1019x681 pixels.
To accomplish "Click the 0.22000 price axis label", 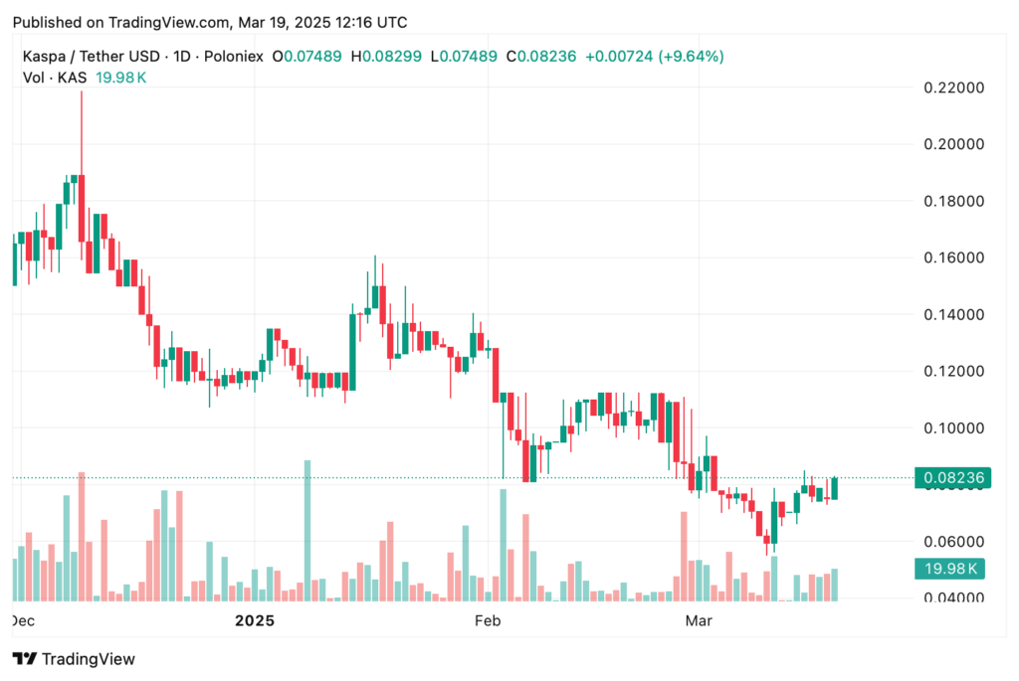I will tap(952, 87).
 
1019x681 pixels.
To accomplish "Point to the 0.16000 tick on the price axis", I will tap(952, 258).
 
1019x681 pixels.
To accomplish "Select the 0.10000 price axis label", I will tap(952, 428).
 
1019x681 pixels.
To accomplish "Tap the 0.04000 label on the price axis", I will tap(952, 598).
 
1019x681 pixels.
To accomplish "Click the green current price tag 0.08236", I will tap(952, 478).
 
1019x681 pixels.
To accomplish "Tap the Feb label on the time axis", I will tap(487, 621).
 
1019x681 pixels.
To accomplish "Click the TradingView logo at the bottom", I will tap(74, 658).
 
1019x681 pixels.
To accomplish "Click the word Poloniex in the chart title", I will tap(230, 56).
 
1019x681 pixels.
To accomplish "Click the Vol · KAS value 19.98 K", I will tap(120, 78).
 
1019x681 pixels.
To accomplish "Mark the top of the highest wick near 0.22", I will tap(82, 91).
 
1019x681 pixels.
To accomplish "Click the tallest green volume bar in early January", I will tap(306, 531).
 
